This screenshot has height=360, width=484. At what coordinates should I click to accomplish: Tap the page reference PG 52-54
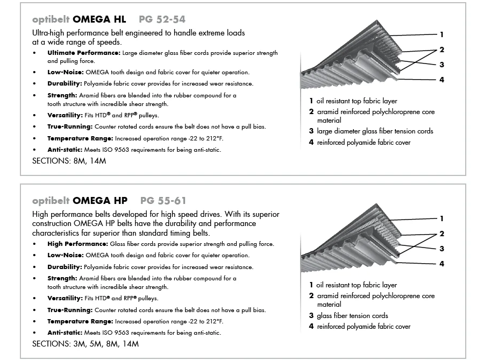point(161,19)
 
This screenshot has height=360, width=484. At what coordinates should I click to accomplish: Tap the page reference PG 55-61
point(163,201)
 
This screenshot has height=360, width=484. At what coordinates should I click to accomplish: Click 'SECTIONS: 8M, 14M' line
point(69,161)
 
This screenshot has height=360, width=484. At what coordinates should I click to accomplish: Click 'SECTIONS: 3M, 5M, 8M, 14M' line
point(86,343)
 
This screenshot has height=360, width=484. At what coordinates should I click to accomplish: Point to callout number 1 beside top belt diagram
point(442,35)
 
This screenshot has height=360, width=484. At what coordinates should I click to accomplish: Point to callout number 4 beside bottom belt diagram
point(442,264)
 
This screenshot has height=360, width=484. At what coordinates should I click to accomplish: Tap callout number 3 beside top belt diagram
point(442,65)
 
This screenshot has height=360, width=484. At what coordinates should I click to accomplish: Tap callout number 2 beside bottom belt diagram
point(442,234)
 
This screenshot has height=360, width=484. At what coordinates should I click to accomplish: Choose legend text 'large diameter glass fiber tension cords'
point(375,131)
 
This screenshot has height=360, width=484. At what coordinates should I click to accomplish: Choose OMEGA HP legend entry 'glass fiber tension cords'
point(352,315)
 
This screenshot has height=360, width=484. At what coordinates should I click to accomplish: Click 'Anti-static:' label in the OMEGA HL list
point(63,150)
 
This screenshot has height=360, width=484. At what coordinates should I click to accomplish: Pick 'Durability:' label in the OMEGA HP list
point(65,267)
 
